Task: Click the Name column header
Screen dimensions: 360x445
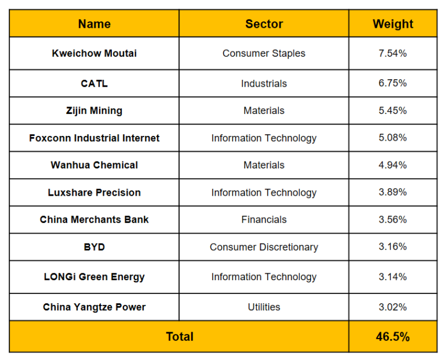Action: point(94,24)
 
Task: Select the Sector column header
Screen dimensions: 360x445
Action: point(264,24)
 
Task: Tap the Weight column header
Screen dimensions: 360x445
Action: point(393,24)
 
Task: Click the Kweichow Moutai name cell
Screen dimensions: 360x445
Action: point(94,53)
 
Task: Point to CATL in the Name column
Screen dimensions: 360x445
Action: point(94,83)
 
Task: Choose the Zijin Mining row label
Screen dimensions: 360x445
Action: point(94,111)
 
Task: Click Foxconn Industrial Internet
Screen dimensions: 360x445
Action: point(94,138)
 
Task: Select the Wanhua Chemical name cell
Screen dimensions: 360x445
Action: point(94,165)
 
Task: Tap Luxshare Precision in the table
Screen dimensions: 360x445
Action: point(94,192)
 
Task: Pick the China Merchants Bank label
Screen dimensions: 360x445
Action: point(94,219)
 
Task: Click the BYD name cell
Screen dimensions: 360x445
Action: point(94,247)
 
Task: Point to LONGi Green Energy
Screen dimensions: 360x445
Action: point(94,277)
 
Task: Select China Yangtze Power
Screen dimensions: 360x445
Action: point(94,307)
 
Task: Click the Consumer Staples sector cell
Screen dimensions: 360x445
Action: point(264,53)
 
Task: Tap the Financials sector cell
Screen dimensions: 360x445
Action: point(264,219)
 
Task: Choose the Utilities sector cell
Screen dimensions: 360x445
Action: point(264,307)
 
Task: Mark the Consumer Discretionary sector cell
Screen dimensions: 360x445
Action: point(264,247)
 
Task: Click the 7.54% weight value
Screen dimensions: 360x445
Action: point(393,53)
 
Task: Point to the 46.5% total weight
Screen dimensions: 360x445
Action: point(393,337)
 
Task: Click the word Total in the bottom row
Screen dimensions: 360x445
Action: point(180,337)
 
